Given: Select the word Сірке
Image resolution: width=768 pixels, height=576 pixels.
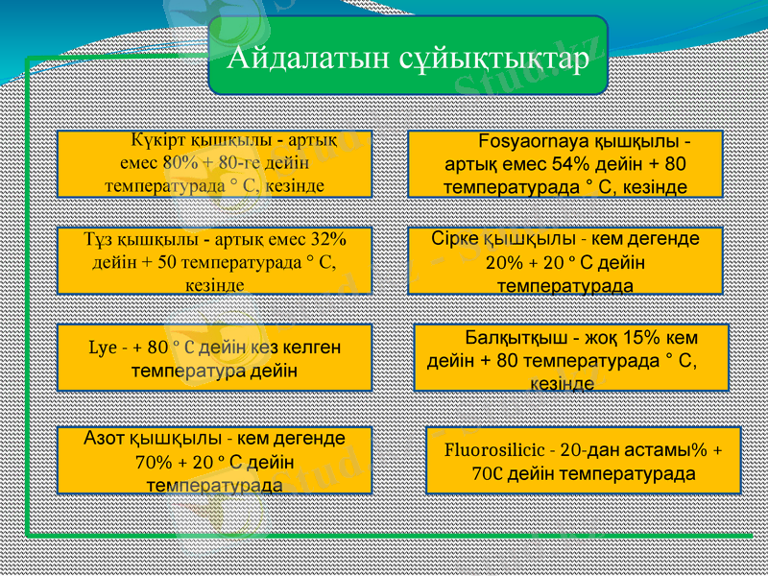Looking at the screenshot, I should pos(458,239).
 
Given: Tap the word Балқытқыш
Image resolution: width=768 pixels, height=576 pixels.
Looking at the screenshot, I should pos(516,339).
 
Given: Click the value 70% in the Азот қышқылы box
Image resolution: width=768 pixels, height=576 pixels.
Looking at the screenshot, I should pos(155,461).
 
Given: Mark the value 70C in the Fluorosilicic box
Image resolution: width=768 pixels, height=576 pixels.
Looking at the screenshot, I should pos(487,473).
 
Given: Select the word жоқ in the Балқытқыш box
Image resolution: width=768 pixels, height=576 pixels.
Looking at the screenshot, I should pos(602,339).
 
